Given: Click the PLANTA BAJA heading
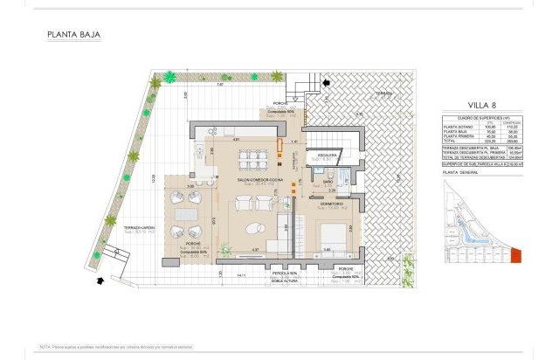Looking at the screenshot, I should point(74,36).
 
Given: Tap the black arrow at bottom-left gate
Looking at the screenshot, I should point(102,280).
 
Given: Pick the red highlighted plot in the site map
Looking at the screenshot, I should point(516,255).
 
